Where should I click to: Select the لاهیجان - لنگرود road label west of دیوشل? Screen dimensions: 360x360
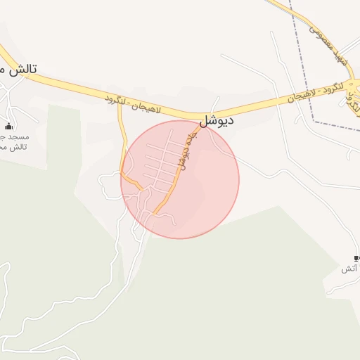(134, 103)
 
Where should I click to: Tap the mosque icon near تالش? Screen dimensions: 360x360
(8, 126)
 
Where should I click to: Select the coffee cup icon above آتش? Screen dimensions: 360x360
(356, 258)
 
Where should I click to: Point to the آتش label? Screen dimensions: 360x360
(349, 269)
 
